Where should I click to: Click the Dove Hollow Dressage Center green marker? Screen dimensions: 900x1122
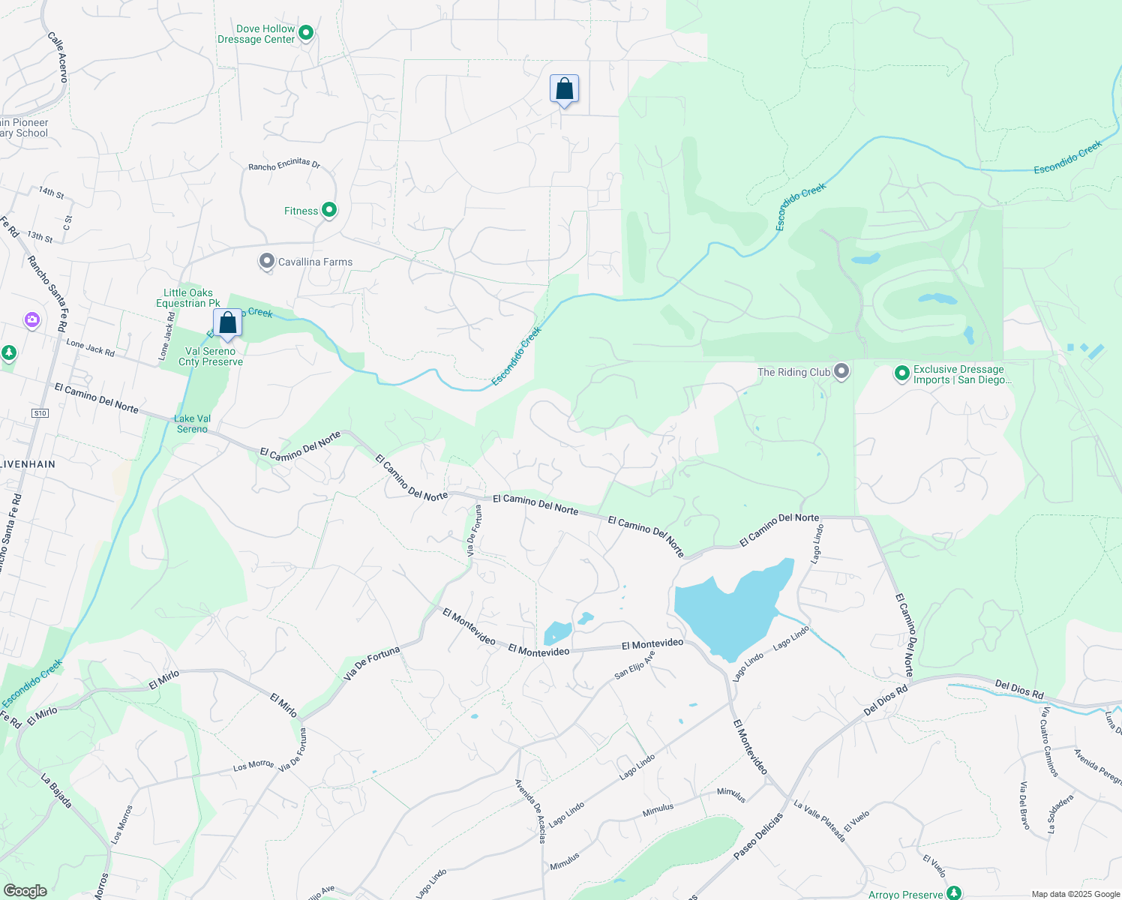coord(306,33)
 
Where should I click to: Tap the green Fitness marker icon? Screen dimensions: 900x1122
coord(328,210)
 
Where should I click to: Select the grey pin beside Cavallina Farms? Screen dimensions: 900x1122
coord(266,262)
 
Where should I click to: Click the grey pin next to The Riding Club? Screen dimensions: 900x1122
coord(841,371)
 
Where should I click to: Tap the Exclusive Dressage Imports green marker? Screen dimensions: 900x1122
coord(902,373)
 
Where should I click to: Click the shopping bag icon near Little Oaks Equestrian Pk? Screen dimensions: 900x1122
coord(227,323)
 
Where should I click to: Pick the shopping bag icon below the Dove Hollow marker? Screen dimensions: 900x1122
coord(564,89)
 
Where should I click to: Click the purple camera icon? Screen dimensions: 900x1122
coord(31,320)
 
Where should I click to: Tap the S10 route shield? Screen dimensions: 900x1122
coord(40,413)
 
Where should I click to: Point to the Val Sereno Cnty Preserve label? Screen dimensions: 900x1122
coord(211,356)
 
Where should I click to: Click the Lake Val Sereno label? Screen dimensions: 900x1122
coord(193,424)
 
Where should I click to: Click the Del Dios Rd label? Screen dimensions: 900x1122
coord(1019,689)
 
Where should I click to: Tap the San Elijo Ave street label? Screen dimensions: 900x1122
coord(634,665)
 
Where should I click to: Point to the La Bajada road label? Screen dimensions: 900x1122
coord(57,790)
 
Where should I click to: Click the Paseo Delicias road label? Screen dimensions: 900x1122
coord(757,835)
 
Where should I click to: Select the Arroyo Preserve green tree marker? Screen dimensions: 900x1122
coord(953,892)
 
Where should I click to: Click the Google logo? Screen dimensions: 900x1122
coord(25,890)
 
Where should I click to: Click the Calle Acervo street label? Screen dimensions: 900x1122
coord(58,57)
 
